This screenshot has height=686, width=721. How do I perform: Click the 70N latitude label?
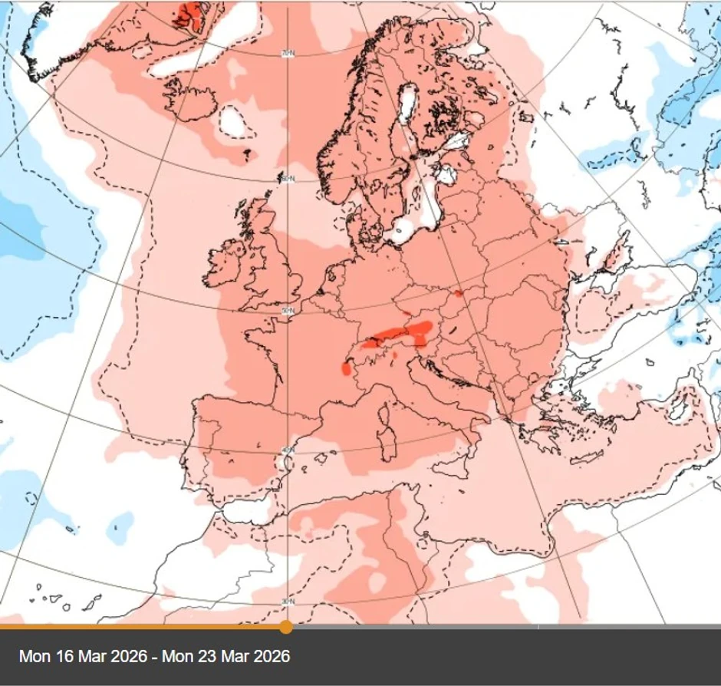pyautogui.click(x=288, y=54)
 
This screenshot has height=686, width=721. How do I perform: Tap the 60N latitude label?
pyautogui.click(x=288, y=179)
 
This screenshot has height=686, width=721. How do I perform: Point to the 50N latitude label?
pyautogui.click(x=288, y=310)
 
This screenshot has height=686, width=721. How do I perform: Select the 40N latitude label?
pyautogui.click(x=288, y=450)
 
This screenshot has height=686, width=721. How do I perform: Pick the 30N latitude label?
pyautogui.click(x=288, y=601)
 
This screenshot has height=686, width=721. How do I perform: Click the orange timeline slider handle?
pyautogui.click(x=286, y=627)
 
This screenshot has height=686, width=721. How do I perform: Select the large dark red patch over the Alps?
pyautogui.click(x=403, y=334)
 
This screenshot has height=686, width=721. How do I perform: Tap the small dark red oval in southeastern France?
pyautogui.click(x=346, y=369)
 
